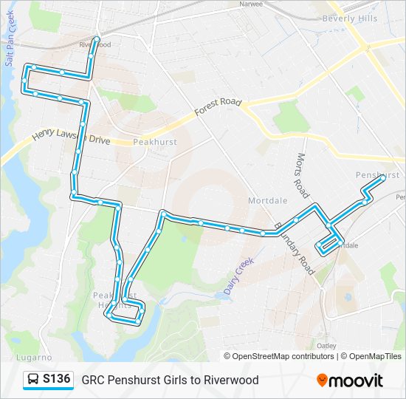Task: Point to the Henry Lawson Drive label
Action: [x=71, y=137]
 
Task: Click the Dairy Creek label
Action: [x=238, y=276]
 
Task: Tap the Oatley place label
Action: [x=326, y=345]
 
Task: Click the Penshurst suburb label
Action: [x=376, y=175]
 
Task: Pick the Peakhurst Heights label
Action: [x=115, y=300]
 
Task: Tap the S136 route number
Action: [x=57, y=380]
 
